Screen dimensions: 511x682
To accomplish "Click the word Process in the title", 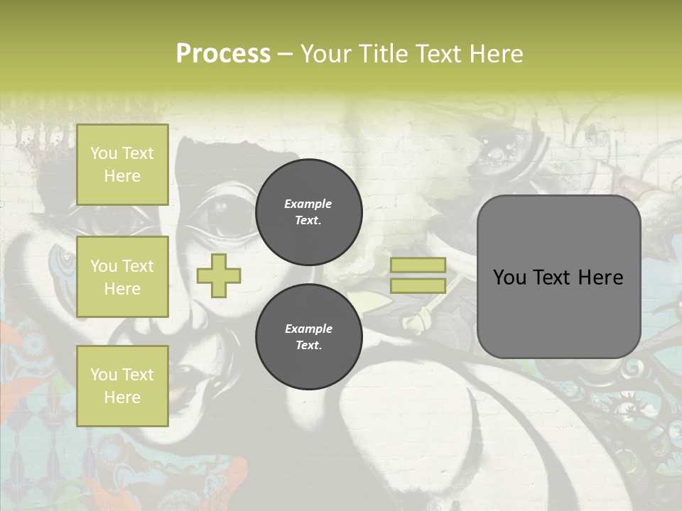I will [x=223, y=54].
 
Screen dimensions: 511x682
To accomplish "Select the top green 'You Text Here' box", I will [x=122, y=165].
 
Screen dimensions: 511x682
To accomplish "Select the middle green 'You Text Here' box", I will [x=122, y=277].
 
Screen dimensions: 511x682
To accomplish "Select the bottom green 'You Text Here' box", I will [x=122, y=386].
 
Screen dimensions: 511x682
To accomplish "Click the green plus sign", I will [x=219, y=275].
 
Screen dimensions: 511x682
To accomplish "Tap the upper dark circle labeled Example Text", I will [x=308, y=211].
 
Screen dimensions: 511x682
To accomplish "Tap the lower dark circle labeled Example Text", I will [x=308, y=336].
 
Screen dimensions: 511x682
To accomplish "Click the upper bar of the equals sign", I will [x=418, y=265].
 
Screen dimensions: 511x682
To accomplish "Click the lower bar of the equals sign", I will [x=418, y=286].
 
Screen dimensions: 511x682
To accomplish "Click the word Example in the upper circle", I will [x=308, y=204].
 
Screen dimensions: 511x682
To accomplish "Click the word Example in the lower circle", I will [x=308, y=329].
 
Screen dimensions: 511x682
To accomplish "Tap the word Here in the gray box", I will [x=601, y=278].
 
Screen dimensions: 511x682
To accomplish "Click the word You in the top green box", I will [x=104, y=153].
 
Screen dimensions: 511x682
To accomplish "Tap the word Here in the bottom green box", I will [x=122, y=397].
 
